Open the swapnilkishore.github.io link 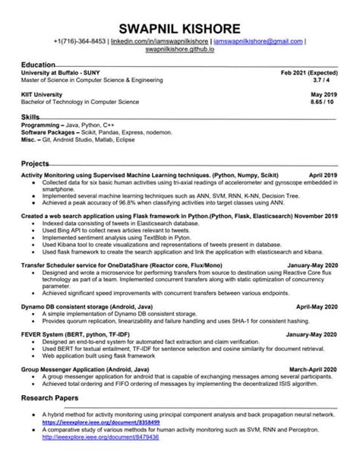click(x=179, y=49)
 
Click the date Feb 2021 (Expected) click(x=308, y=72)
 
